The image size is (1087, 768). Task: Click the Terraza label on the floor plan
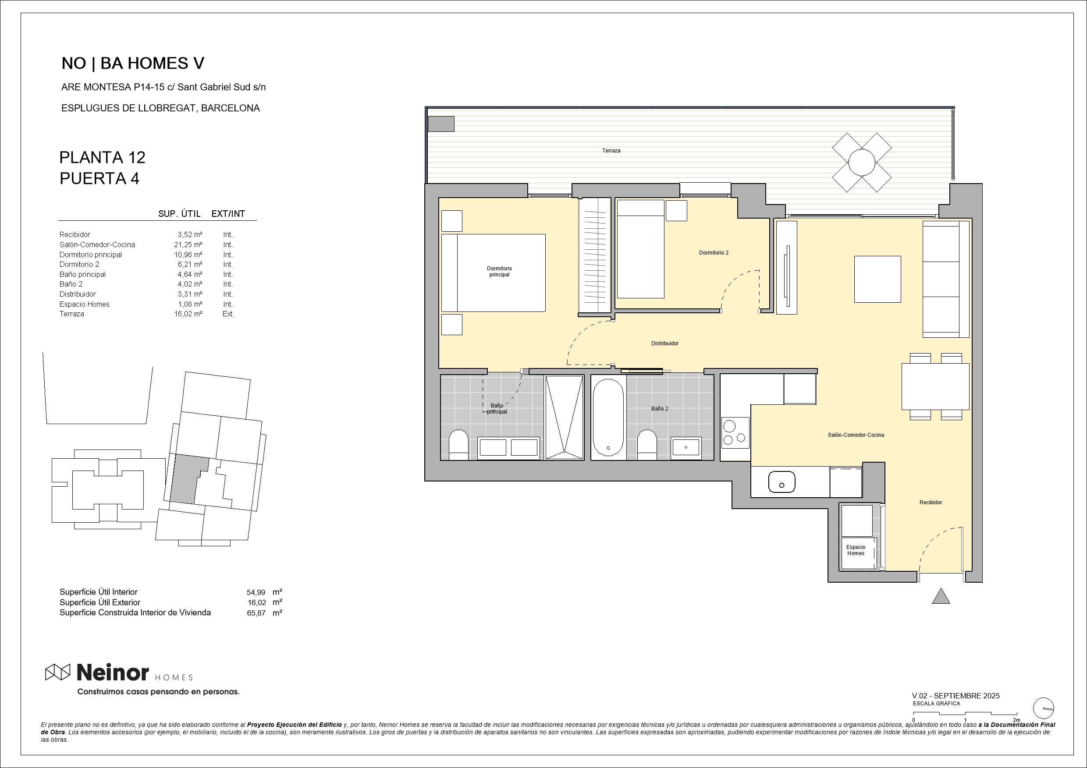pyautogui.click(x=611, y=150)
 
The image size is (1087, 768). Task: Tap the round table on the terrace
pyautogui.click(x=862, y=162)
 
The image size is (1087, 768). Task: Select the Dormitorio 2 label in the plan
pyautogui.click(x=714, y=253)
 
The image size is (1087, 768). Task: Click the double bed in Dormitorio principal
pyautogui.click(x=494, y=273)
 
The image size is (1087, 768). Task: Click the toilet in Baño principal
pyautogui.click(x=458, y=445)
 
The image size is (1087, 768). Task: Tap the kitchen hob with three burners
pyautogui.click(x=735, y=432)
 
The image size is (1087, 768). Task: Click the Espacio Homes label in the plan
pyautogui.click(x=856, y=550)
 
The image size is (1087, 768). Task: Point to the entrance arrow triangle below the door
pyautogui.click(x=941, y=596)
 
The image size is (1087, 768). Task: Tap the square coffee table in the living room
pyautogui.click(x=877, y=279)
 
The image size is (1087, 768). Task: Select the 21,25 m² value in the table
pyautogui.click(x=188, y=244)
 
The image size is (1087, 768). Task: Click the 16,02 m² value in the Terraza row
pyautogui.click(x=188, y=314)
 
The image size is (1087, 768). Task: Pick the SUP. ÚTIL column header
pyautogui.click(x=179, y=214)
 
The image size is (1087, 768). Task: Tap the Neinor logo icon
pyautogui.click(x=57, y=672)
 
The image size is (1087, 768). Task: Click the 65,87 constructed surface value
pyautogui.click(x=256, y=613)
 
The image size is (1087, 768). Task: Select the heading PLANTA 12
pyautogui.click(x=102, y=158)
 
